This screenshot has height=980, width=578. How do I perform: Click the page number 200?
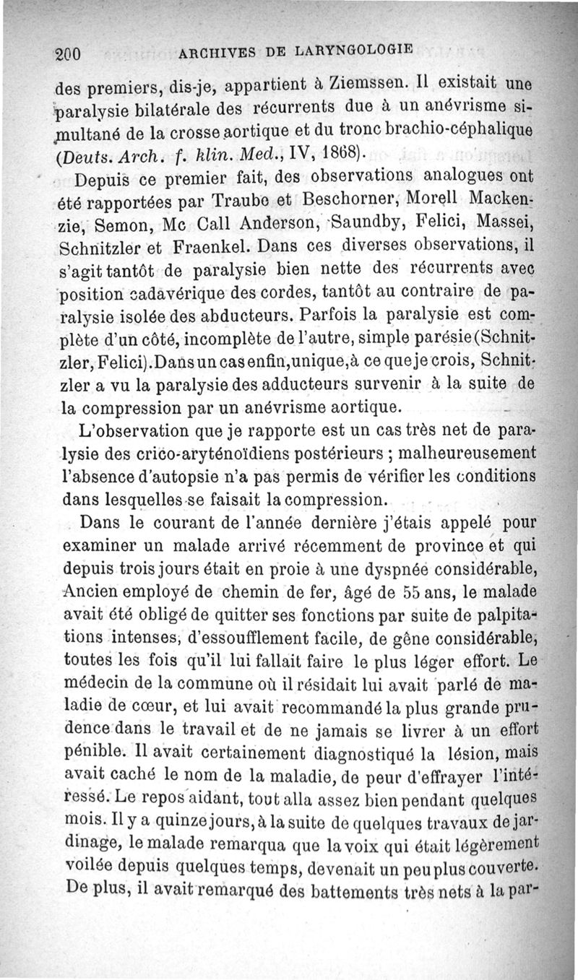click(71, 53)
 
